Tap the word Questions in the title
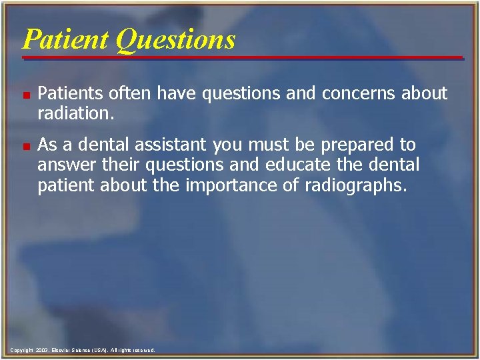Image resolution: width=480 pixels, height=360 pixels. click(175, 39)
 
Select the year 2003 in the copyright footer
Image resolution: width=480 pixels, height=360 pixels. click(42, 350)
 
